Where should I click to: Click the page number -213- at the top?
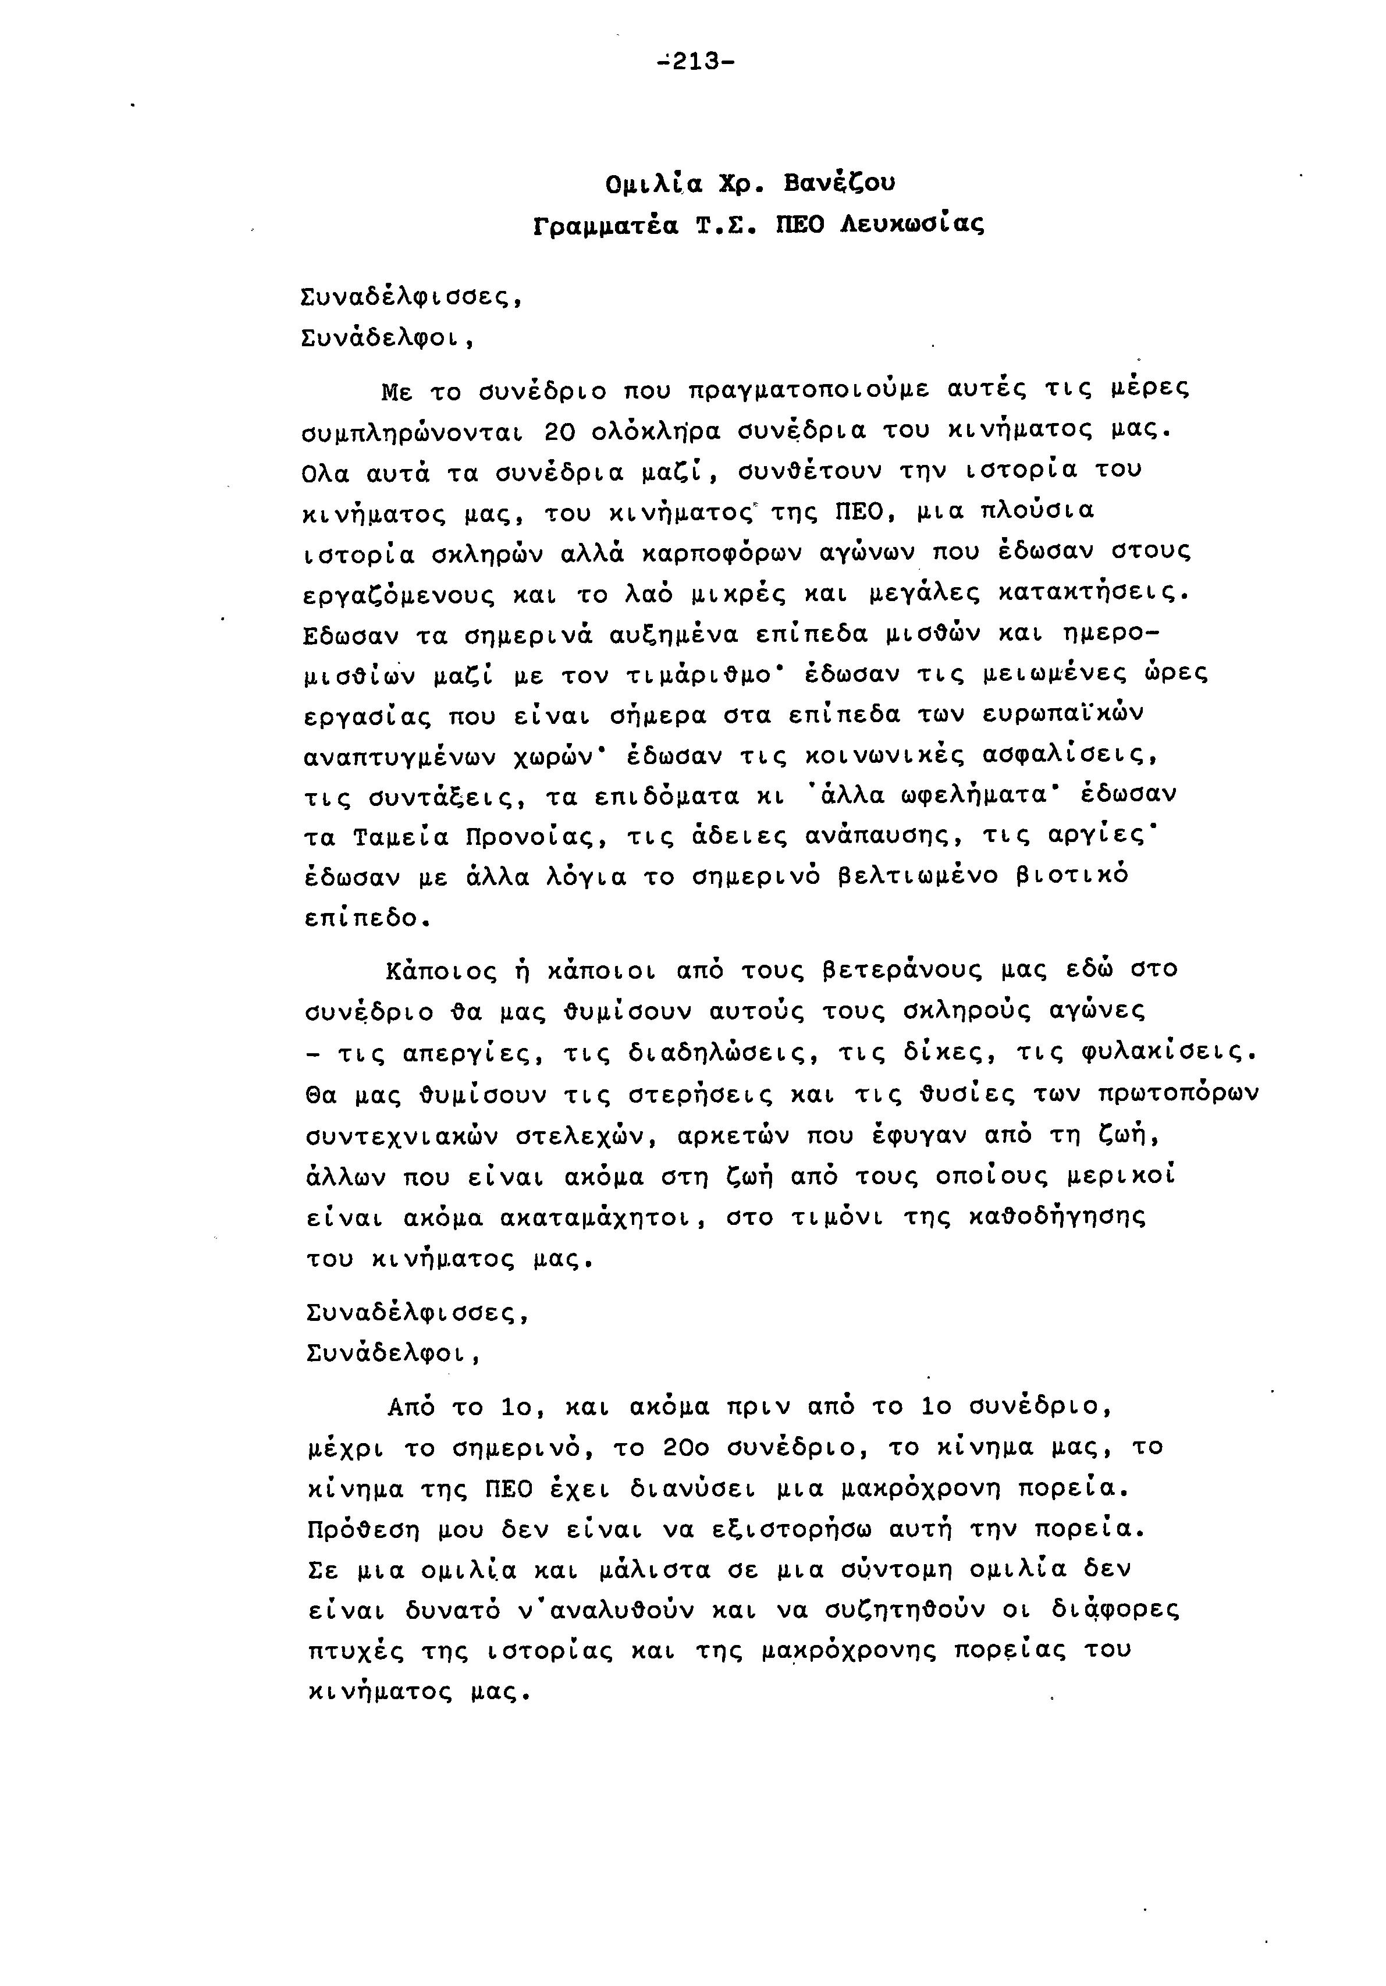pos(696,62)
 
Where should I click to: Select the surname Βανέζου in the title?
pos(838,184)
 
